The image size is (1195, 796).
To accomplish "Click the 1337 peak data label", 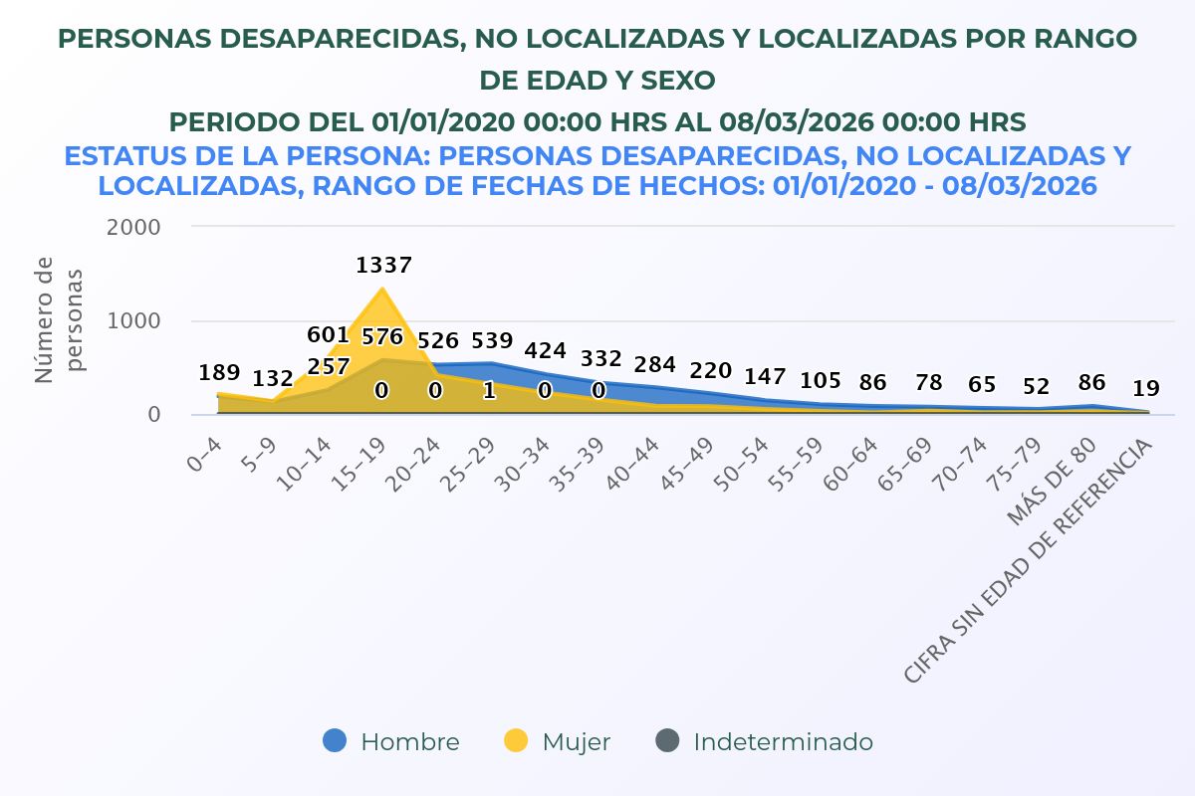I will [383, 266].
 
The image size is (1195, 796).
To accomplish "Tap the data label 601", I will [328, 335].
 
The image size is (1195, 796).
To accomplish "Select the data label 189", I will [219, 373].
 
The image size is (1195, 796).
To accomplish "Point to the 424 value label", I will [546, 351].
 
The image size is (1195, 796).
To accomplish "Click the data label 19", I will [1146, 389].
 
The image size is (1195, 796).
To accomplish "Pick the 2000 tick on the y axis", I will [134, 227].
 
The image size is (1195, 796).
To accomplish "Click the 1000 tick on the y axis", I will [134, 321].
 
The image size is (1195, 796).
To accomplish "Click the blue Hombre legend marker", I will [336, 741].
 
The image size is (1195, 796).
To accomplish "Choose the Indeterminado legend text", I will [783, 742].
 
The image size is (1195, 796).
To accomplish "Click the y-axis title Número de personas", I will [59, 318].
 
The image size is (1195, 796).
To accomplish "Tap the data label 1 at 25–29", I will [490, 391].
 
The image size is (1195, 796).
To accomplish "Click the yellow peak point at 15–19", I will [383, 290].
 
